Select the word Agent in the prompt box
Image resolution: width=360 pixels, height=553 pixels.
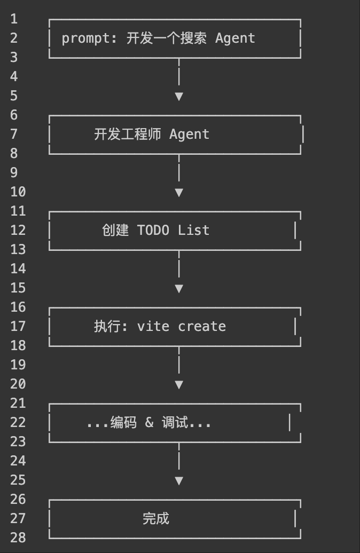pyautogui.click(x=235, y=38)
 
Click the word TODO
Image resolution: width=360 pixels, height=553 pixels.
pyautogui.click(x=153, y=230)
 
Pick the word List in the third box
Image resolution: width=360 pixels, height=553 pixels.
pyautogui.click(x=193, y=230)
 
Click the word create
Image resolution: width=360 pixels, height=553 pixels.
pyautogui.click(x=202, y=326)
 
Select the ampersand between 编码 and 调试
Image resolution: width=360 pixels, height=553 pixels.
pyautogui.click(x=149, y=423)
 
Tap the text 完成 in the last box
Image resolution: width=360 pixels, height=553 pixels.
pyautogui.click(x=156, y=518)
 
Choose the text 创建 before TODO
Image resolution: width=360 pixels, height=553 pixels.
pyautogui.click(x=115, y=230)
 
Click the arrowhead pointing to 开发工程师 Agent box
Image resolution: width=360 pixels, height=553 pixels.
pyautogui.click(x=179, y=97)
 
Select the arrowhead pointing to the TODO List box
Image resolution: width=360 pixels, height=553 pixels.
pyautogui.click(x=179, y=193)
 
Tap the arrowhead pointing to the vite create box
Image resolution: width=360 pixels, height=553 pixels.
pyautogui.click(x=179, y=289)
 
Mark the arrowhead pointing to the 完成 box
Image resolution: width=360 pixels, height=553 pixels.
pyautogui.click(x=179, y=481)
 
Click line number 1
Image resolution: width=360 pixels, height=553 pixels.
pyautogui.click(x=14, y=19)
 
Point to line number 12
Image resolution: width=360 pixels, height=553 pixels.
pyautogui.click(x=18, y=230)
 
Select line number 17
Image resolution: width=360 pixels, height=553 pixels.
pyautogui.click(x=18, y=326)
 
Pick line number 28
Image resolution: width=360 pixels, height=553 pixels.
pyautogui.click(x=18, y=538)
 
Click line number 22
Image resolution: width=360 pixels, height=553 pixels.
pyautogui.click(x=18, y=422)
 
